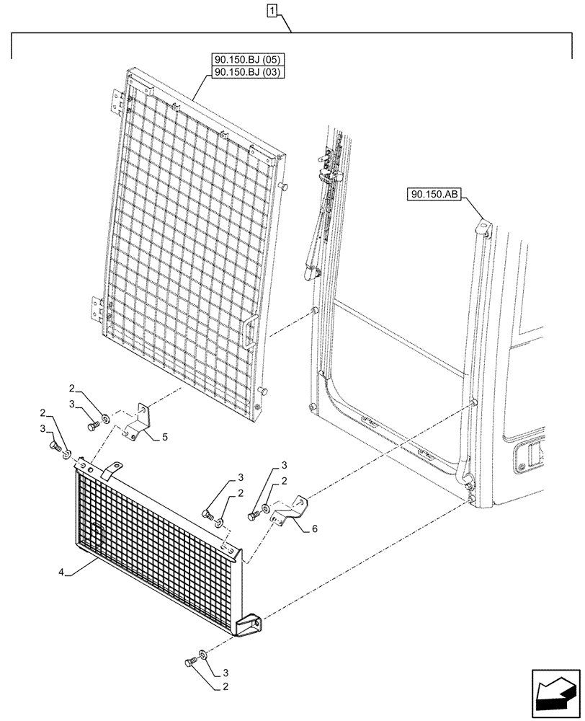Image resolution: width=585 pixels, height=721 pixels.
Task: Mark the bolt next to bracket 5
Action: pyautogui.click(x=92, y=425)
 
